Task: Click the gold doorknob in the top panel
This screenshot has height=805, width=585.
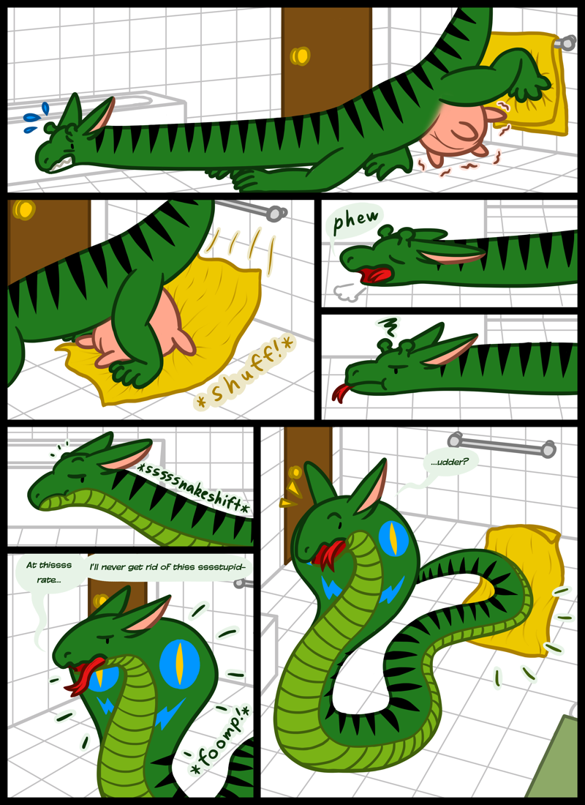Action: (x=301, y=56)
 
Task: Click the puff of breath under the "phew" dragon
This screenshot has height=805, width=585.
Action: (x=345, y=292)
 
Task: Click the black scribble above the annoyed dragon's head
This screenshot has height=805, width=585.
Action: (x=385, y=326)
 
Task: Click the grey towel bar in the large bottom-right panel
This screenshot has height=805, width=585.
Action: (x=501, y=445)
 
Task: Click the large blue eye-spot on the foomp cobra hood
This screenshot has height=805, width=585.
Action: (x=179, y=662)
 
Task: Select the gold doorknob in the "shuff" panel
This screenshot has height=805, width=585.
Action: (x=23, y=209)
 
